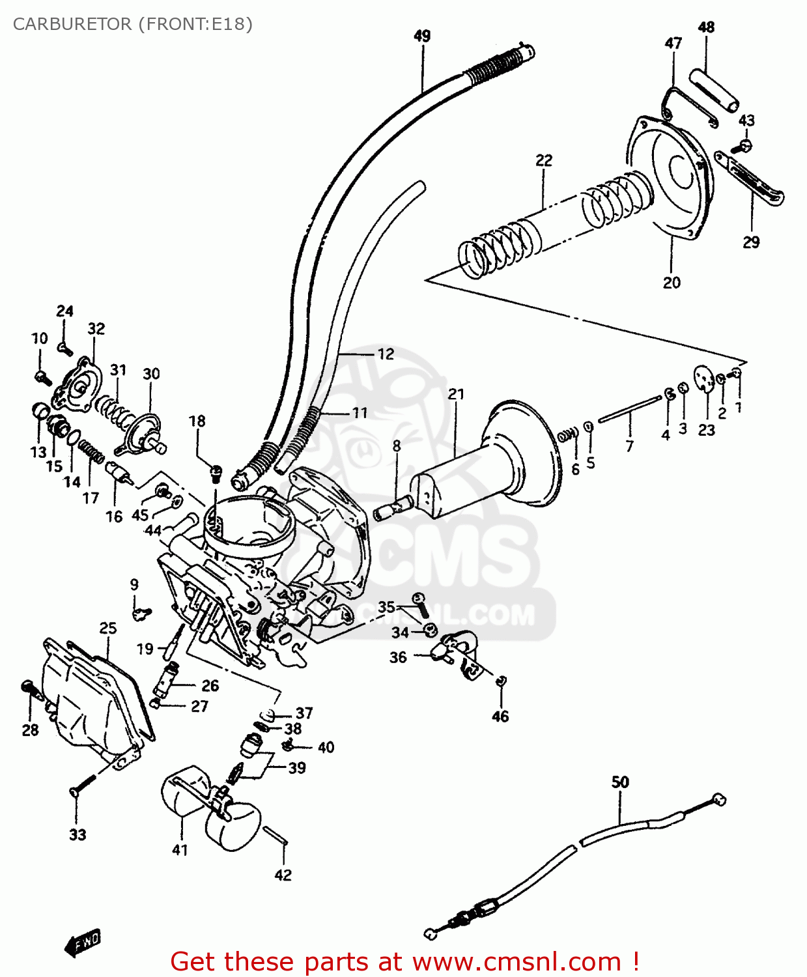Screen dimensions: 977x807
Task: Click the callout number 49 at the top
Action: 422,36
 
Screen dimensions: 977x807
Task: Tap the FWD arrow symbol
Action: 83,942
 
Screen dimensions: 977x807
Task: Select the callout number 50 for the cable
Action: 620,782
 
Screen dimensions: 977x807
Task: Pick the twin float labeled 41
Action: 208,808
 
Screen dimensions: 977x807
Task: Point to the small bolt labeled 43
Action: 745,145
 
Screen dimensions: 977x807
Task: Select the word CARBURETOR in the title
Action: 72,24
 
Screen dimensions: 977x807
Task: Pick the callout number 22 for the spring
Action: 544,160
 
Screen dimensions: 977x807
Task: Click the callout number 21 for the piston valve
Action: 456,394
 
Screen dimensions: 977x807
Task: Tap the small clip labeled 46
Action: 501,681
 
